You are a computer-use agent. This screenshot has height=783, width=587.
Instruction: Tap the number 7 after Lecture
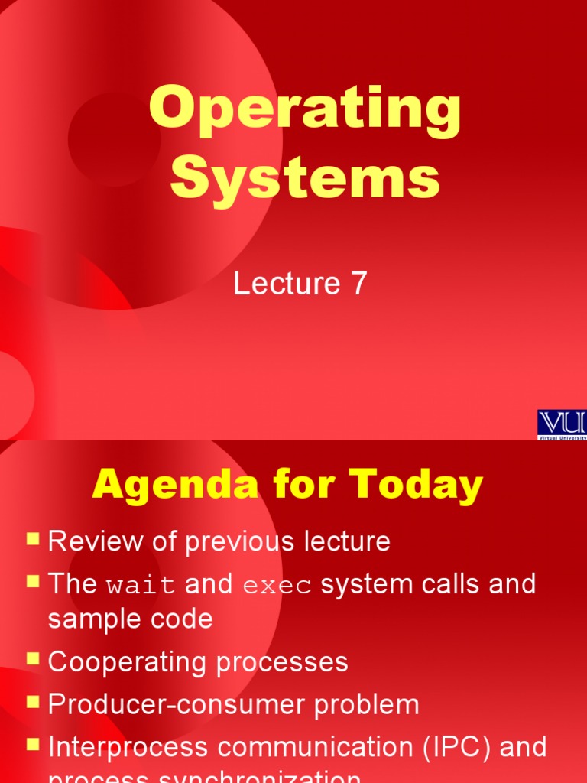[x=358, y=284]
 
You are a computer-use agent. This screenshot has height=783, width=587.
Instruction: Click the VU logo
[x=562, y=424]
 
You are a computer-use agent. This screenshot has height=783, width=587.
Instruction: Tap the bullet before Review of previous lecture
[x=33, y=539]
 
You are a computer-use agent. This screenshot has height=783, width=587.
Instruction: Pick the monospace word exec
[x=277, y=586]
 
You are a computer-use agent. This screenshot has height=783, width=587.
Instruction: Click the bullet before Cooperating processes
[x=33, y=658]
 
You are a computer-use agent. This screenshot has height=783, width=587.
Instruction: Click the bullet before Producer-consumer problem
[x=33, y=701]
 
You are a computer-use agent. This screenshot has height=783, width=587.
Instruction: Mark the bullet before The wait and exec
[x=33, y=582]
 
